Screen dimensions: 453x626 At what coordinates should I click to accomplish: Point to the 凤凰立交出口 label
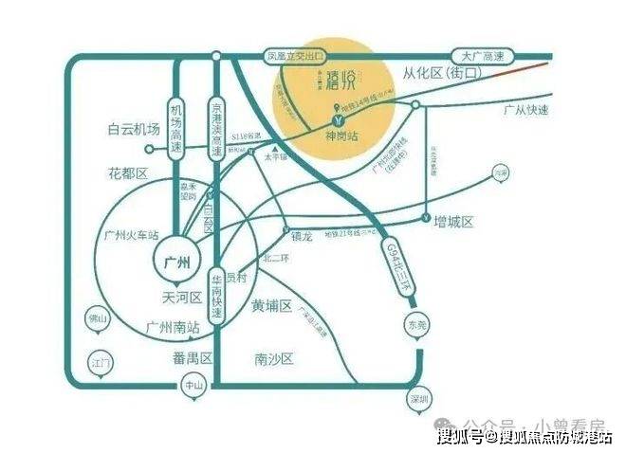coord(296,57)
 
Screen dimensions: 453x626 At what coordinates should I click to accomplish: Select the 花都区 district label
coord(130,174)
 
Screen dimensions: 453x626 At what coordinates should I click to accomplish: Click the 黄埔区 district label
coord(272,305)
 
